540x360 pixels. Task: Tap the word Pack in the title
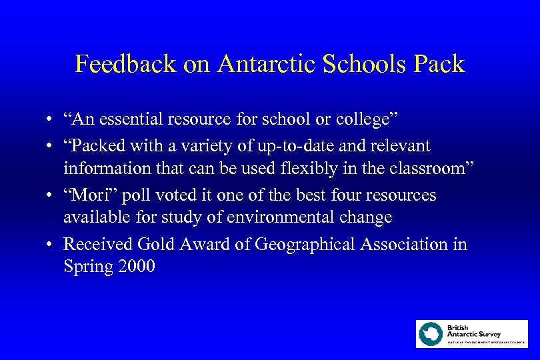coord(437,65)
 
